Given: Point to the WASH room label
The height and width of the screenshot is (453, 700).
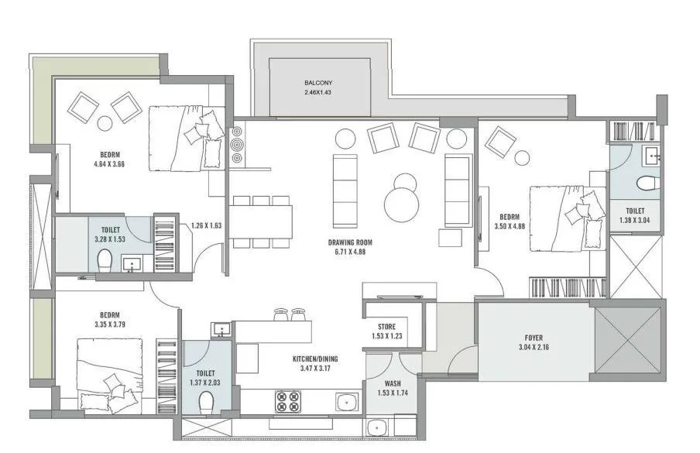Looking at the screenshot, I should (393, 383).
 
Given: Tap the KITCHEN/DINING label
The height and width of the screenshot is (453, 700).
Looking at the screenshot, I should (315, 359).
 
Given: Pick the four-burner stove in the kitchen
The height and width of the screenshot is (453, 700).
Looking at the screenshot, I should (288, 400).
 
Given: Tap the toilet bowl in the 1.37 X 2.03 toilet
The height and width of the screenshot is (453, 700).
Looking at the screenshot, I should (205, 403).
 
